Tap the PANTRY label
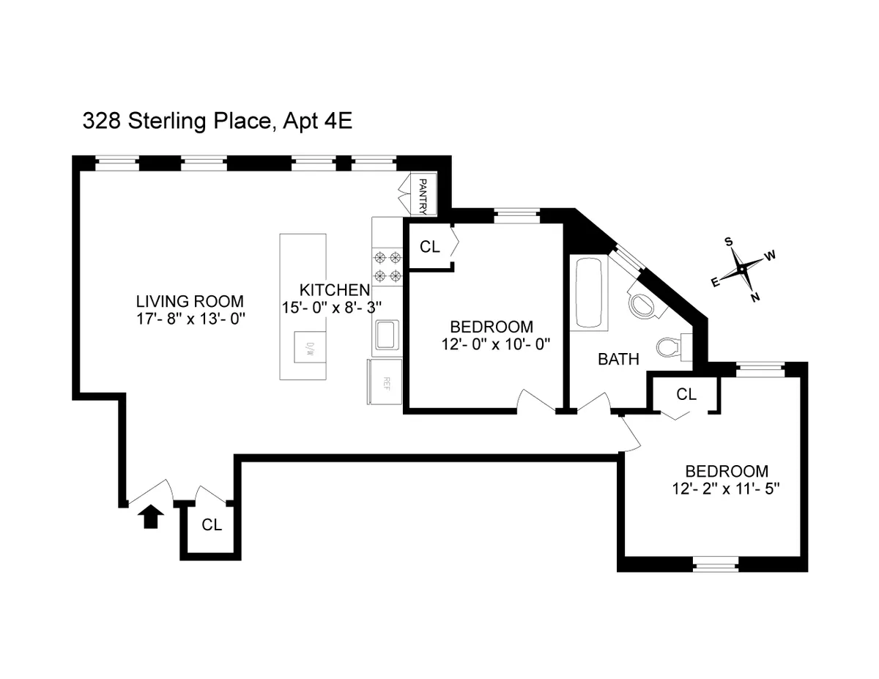click(x=423, y=195)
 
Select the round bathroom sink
click(x=643, y=304)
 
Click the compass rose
click(x=742, y=269)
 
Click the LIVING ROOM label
click(x=190, y=301)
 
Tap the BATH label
click(x=618, y=359)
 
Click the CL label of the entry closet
click(x=212, y=524)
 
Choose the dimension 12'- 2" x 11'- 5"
click(x=726, y=489)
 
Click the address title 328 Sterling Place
click(x=177, y=122)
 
